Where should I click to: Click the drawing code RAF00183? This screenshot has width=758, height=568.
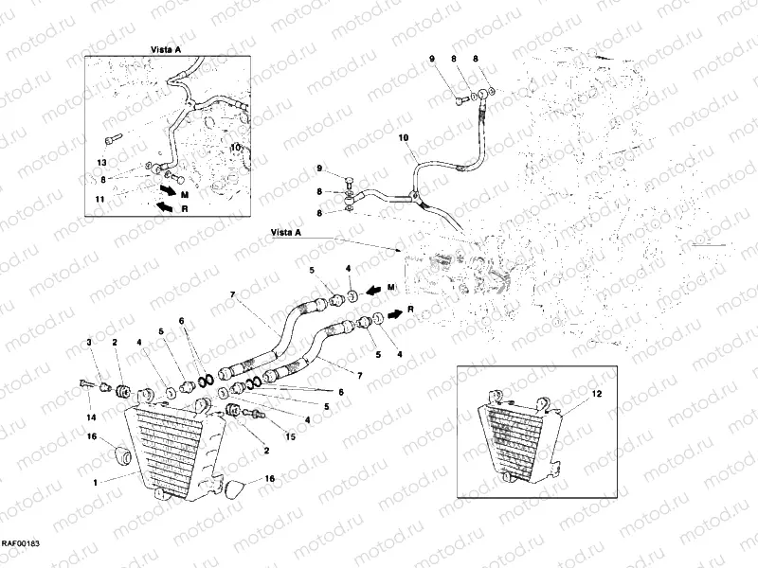click(x=20, y=542)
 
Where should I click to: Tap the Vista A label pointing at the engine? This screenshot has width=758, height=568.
click(x=287, y=230)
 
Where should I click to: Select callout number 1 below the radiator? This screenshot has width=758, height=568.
click(x=95, y=483)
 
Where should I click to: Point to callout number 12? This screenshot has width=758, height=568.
click(x=597, y=393)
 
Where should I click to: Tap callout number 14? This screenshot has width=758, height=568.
click(x=91, y=417)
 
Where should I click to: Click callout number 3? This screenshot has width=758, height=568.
click(x=90, y=342)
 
